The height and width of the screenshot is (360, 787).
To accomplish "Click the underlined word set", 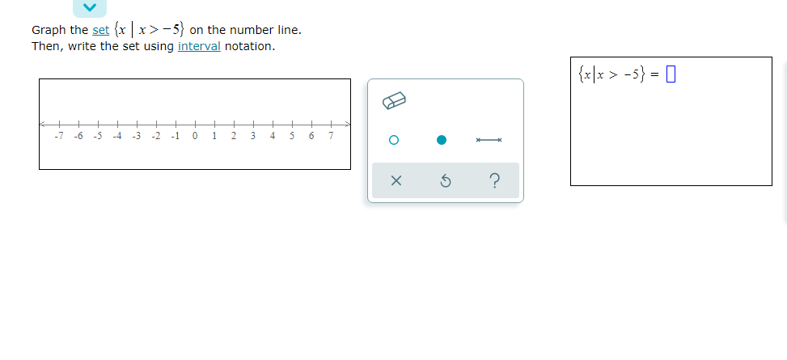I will click(x=101, y=30).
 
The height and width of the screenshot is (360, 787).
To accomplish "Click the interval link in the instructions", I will click(x=199, y=46).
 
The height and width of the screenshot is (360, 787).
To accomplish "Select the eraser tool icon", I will click(x=393, y=100).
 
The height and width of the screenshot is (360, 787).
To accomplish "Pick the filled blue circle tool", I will click(x=442, y=140).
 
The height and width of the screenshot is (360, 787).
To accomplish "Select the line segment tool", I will click(x=489, y=140).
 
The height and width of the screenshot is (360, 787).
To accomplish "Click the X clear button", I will click(x=396, y=181).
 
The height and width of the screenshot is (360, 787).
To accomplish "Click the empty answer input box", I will click(x=670, y=76).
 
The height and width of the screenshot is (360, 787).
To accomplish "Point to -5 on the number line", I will click(x=98, y=136).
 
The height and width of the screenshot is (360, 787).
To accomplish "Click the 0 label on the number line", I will click(x=196, y=136).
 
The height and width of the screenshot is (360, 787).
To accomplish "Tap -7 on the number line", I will click(x=58, y=136).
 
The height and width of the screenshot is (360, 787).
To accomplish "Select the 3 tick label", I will click(x=253, y=136).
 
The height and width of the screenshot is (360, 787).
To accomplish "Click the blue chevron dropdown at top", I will click(x=91, y=7).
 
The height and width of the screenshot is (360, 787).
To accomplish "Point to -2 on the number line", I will click(x=156, y=136).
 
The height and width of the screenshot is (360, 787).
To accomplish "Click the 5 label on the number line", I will click(x=292, y=136).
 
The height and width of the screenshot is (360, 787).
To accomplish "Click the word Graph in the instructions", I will click(x=49, y=30).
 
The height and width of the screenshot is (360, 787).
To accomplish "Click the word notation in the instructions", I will click(x=249, y=46).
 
